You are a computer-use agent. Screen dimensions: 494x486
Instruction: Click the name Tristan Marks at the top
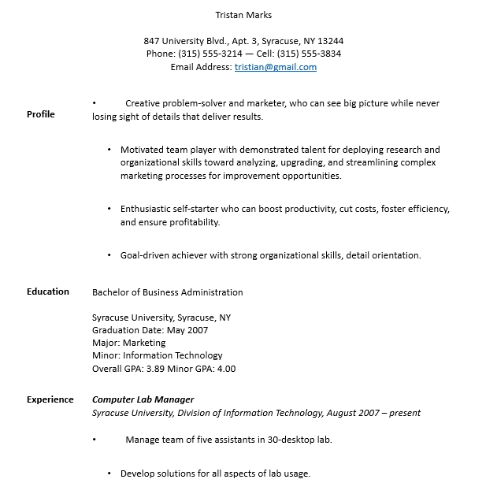243,14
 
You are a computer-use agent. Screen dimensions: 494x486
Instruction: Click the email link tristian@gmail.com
276,67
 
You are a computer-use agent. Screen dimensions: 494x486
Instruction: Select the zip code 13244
330,41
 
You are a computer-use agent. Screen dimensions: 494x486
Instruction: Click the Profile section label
41,114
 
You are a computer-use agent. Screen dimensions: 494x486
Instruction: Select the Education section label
48,292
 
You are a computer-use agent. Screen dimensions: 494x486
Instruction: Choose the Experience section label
50,399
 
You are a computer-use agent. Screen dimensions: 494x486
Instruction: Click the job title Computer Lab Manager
143,399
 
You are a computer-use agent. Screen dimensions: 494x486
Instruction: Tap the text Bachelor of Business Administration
168,292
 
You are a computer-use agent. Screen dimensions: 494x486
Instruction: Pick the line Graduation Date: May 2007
150,330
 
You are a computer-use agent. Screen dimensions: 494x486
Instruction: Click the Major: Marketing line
128,343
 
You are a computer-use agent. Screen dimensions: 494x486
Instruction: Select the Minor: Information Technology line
158,355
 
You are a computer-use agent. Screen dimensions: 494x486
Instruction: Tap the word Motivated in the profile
142,149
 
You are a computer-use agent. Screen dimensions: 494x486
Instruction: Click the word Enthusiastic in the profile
147,209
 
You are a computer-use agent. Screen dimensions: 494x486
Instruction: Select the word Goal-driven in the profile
146,254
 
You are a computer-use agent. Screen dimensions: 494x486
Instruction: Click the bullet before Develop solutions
109,474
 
